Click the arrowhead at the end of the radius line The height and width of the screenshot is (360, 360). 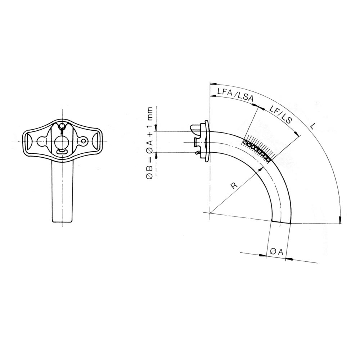[261, 169]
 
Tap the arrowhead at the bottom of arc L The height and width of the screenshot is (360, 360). [340, 220]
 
